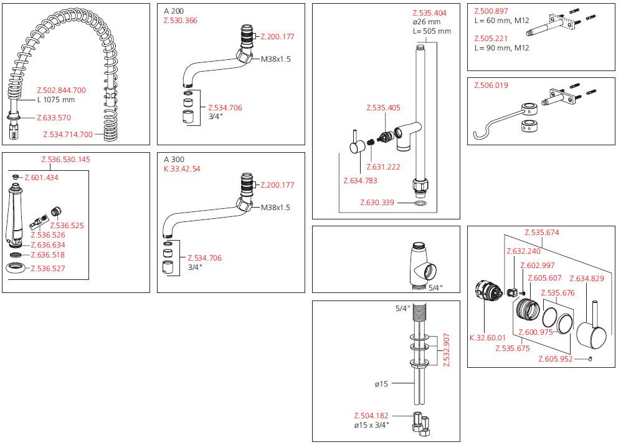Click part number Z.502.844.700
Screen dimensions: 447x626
62,90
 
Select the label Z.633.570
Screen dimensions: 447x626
54,117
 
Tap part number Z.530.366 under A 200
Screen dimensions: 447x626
181,21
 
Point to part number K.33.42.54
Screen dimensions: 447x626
182,169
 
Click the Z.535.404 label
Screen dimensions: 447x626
429,12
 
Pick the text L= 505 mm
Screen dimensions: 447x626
431,31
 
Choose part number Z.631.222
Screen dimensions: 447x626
383,166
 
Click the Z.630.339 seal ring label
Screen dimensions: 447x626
377,203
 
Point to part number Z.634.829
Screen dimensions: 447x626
586,278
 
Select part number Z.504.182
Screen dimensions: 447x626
371,415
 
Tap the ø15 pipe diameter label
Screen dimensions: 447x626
381,384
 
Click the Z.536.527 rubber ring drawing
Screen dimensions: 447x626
17,269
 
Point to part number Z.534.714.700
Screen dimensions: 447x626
68,134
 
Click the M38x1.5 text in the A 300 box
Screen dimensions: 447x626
275,208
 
